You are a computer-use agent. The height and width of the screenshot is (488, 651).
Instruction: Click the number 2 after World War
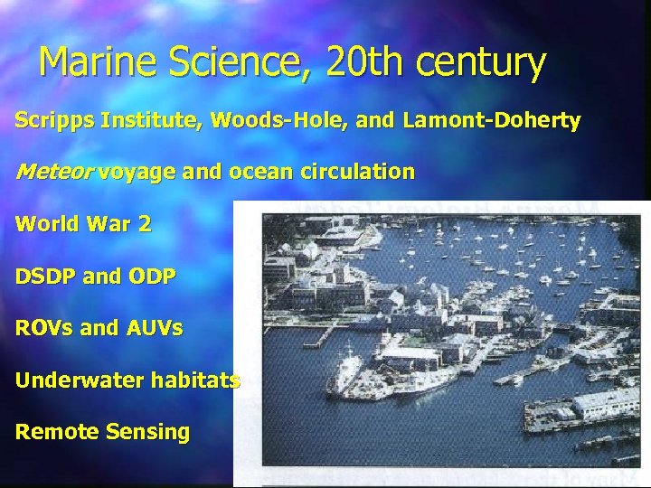[x=145, y=224]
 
